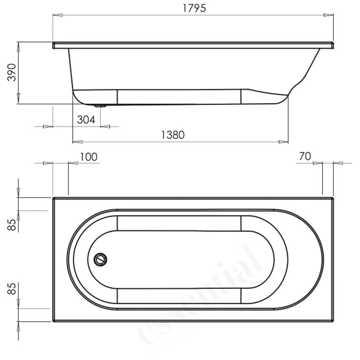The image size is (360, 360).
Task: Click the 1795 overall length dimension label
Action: point(191,9)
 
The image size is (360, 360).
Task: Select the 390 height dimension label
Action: point(12,72)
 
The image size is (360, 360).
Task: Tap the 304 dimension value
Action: point(85,120)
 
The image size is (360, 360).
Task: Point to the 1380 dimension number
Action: point(174,135)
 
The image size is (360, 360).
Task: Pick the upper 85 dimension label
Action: point(12,225)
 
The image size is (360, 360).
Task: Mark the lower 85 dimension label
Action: point(12,288)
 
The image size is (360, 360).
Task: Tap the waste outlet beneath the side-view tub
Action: point(100,106)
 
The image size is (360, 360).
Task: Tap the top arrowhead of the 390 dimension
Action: point(18,47)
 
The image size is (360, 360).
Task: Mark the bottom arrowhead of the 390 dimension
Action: point(18,99)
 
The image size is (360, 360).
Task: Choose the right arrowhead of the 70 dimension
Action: point(338,163)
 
